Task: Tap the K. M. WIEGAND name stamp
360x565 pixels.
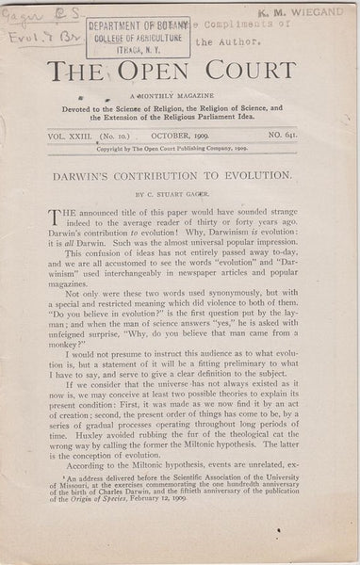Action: point(300,12)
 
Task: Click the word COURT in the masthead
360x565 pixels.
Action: point(266,72)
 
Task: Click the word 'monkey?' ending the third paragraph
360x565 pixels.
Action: point(70,370)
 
